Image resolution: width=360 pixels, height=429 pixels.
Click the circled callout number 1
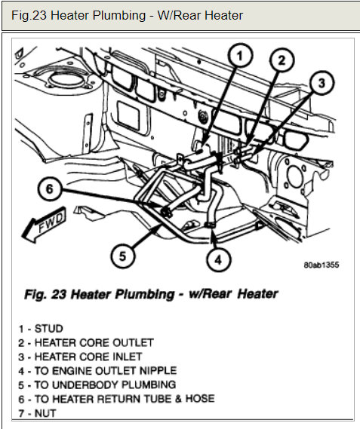[240, 56]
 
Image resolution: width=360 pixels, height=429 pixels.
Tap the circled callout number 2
[282, 61]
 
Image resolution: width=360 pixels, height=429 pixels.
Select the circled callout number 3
[322, 83]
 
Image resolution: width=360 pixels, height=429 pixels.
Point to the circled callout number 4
[218, 259]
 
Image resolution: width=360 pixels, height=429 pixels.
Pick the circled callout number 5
[123, 256]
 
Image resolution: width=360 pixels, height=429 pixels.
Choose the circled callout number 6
[50, 188]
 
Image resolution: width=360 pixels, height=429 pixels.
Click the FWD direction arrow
[45, 224]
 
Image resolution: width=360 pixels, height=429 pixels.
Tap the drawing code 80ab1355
[322, 265]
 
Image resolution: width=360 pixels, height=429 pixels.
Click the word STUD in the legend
[49, 329]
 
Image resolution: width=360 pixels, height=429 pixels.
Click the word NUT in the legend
[45, 413]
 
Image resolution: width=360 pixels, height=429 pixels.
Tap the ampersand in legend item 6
[178, 399]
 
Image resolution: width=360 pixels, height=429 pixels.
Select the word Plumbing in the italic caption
[144, 294]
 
